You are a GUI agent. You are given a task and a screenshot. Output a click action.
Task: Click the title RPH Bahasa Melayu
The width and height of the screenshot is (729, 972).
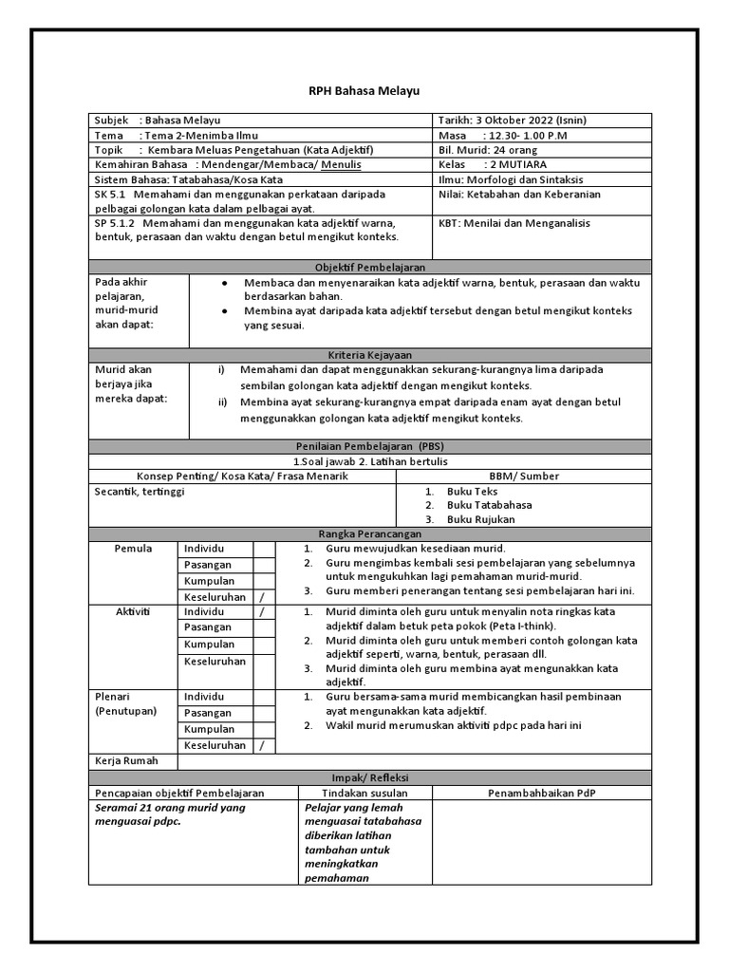tap(364, 91)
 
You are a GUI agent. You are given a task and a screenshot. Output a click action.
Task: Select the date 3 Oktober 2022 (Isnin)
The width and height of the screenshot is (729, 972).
tap(539, 121)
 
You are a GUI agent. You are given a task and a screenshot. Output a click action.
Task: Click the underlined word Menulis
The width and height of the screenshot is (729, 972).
tap(341, 164)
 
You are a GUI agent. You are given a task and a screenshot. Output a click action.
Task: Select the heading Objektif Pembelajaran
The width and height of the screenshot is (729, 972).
tap(370, 268)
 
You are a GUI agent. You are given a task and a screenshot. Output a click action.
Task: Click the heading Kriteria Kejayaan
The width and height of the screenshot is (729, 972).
tap(370, 354)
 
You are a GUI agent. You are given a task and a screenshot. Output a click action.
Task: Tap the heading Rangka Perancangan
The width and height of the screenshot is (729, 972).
tap(370, 533)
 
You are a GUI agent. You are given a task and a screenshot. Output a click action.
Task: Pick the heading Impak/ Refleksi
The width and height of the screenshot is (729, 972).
tap(370, 776)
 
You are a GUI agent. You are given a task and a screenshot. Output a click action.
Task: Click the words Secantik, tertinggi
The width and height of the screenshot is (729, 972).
tap(140, 492)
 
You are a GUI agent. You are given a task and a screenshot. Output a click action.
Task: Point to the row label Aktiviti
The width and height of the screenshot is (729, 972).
tap(134, 612)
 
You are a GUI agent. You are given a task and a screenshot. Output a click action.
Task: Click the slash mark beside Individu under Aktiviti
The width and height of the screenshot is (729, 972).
tap(261, 612)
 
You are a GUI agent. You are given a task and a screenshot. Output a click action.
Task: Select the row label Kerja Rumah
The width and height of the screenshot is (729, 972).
tap(126, 760)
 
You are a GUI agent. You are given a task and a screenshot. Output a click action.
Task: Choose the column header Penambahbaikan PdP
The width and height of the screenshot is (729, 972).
tap(542, 793)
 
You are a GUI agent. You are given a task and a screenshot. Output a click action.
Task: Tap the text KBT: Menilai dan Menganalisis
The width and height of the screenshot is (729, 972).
tap(514, 223)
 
